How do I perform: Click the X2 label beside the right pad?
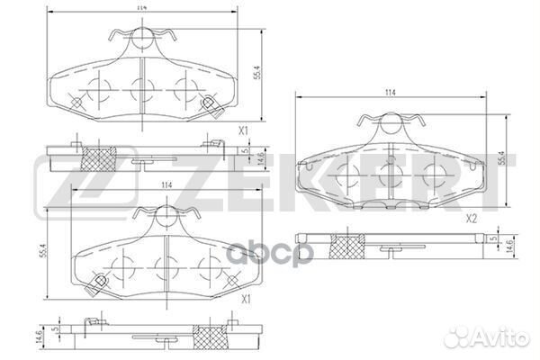tap(471, 219)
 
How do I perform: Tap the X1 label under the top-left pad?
tap(243, 131)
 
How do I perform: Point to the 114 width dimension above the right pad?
tap(390, 93)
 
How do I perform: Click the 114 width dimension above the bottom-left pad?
tap(166, 185)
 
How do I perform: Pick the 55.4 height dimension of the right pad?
tap(501, 157)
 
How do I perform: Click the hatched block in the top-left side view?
tap(96, 158)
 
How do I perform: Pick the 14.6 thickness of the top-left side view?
tap(260, 158)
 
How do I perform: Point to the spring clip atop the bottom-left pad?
tap(165, 216)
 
